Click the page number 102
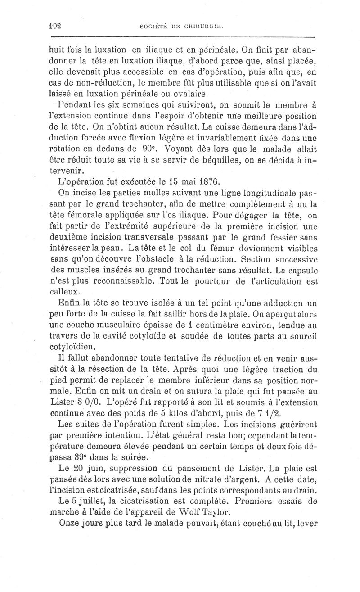click(56, 26)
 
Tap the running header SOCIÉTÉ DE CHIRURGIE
click(185, 26)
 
